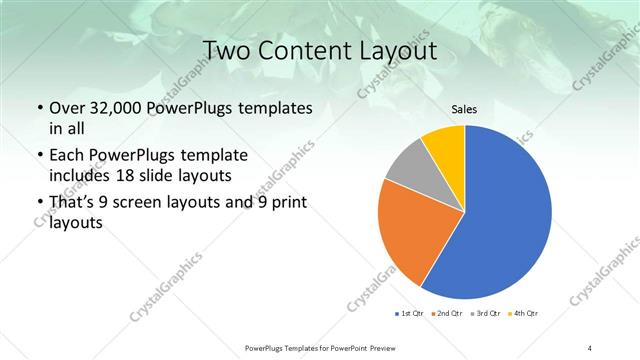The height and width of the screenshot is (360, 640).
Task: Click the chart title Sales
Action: tap(464, 110)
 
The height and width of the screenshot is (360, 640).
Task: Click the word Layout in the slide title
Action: tap(401, 50)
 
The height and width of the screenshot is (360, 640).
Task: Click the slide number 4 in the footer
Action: tap(590, 346)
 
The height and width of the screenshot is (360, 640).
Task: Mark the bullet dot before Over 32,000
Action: tap(39, 106)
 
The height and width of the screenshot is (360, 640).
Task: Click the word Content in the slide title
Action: tap(304, 50)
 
